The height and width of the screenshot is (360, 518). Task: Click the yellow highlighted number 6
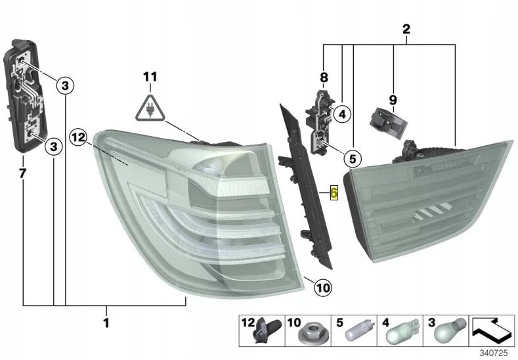point(334,192)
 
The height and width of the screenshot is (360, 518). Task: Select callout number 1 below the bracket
point(106,323)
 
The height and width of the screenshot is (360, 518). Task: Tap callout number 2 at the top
point(406,29)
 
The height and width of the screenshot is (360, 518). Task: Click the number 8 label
point(323,78)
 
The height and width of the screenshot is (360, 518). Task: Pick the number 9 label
point(393,99)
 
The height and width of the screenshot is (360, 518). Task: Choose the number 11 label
point(150,77)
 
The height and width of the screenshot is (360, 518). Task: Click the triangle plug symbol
point(151,109)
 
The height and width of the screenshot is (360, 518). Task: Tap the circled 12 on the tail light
point(78,137)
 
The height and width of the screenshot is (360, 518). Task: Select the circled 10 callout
point(323,287)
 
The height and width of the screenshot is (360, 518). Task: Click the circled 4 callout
point(341,114)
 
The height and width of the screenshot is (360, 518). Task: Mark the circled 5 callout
point(351,158)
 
